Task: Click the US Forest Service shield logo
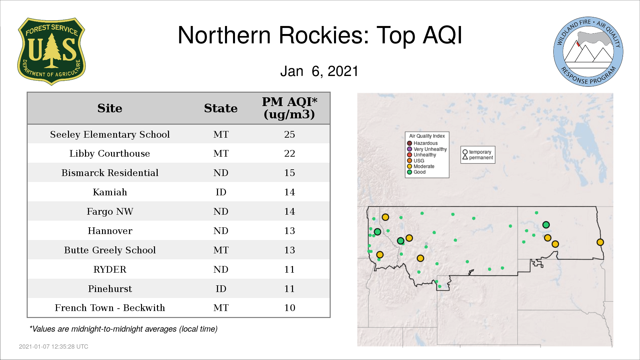click(51, 52)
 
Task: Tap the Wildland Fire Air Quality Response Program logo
click(588, 52)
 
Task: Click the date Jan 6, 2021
click(319, 71)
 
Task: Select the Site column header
click(110, 108)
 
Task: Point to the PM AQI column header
click(289, 108)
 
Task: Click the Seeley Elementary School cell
click(110, 134)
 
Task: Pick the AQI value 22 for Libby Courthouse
click(289, 154)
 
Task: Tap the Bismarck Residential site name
click(110, 173)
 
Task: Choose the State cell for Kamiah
click(221, 192)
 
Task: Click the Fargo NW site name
click(110, 212)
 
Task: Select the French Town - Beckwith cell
click(110, 308)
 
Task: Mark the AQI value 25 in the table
click(289, 134)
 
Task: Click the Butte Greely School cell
click(110, 250)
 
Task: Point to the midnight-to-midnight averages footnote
click(123, 329)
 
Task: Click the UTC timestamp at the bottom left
click(54, 347)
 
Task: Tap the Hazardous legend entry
click(422, 143)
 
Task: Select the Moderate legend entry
click(421, 166)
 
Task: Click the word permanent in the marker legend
click(481, 158)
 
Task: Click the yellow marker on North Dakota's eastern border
click(600, 242)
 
